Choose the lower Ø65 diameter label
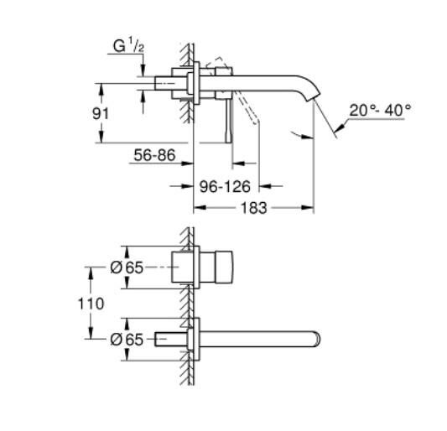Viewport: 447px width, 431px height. coord(128,340)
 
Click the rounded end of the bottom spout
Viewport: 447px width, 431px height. coord(317,340)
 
